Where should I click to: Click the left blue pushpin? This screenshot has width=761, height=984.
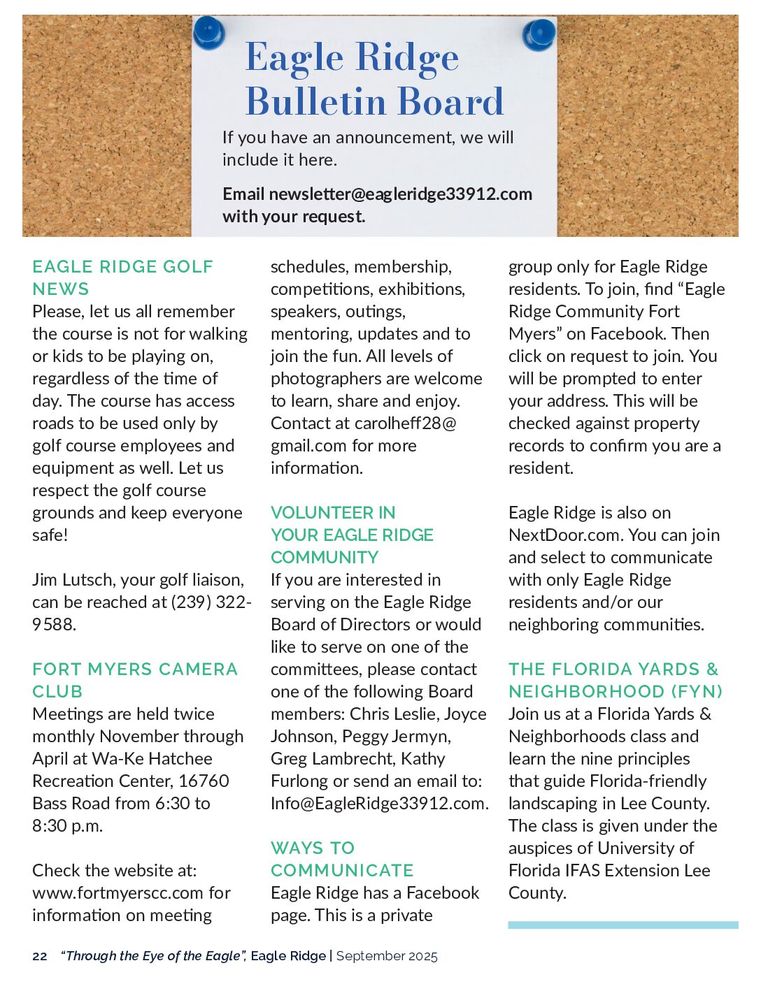208,33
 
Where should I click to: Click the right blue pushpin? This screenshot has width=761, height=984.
539,34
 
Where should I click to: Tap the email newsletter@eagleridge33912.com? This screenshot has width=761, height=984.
400,194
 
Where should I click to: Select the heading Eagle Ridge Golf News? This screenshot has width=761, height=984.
122,277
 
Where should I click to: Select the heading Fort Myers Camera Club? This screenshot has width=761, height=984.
135,680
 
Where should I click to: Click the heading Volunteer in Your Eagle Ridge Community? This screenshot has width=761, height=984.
352,535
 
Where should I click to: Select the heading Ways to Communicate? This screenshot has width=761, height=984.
342,859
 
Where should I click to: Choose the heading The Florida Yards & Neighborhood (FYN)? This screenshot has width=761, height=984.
616,680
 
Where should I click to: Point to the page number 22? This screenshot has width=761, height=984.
40,956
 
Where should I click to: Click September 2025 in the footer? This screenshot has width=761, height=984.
387,956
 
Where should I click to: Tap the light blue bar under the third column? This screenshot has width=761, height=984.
623,925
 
